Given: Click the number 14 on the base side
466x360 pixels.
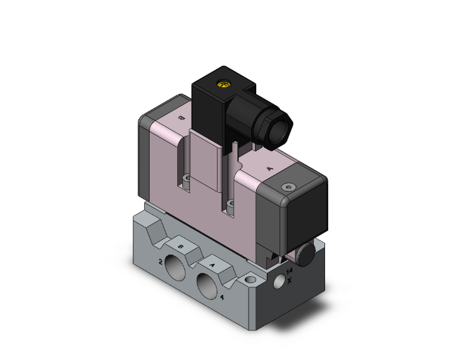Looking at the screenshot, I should point(289,270).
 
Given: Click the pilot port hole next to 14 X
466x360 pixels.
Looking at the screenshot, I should point(277,284).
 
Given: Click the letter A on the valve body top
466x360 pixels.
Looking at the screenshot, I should point(269,168).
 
